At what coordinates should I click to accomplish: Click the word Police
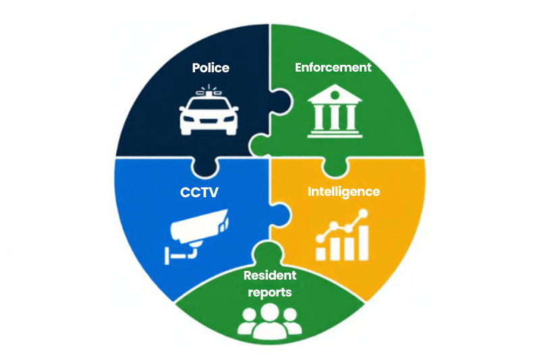(x=211, y=68)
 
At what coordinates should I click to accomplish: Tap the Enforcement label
(x=333, y=67)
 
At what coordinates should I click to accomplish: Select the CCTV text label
(x=199, y=192)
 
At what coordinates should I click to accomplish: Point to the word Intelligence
(x=344, y=192)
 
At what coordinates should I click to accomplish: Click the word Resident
(x=269, y=276)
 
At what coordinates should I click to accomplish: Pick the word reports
(x=269, y=292)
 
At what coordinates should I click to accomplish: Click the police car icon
(x=209, y=110)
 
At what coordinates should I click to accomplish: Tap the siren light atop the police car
(x=209, y=91)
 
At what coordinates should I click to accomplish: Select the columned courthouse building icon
(x=335, y=111)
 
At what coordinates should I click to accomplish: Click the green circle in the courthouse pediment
(x=335, y=95)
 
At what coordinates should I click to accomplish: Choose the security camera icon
(x=196, y=236)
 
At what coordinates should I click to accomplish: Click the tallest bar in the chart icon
(x=363, y=242)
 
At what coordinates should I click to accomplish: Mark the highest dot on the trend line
(x=362, y=214)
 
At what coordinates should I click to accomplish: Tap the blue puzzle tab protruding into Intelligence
(x=280, y=215)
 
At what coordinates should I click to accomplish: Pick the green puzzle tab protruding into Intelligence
(x=335, y=168)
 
